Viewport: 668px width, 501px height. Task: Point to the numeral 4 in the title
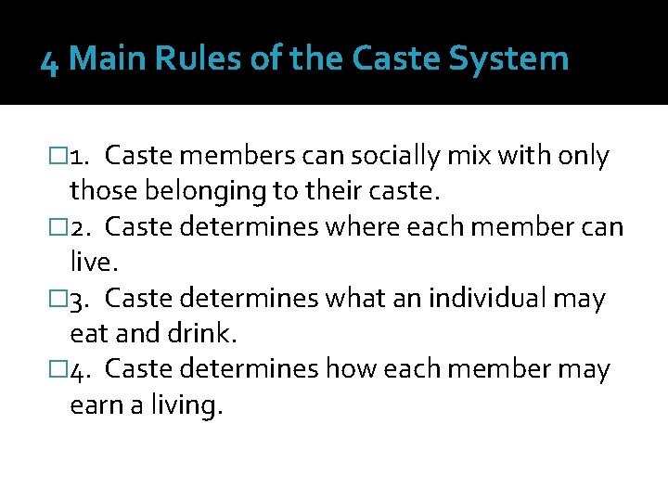tap(50, 61)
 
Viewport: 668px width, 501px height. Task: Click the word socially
tap(365, 157)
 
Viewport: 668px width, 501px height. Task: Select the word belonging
tap(184, 193)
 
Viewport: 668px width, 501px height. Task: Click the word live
tap(93, 263)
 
